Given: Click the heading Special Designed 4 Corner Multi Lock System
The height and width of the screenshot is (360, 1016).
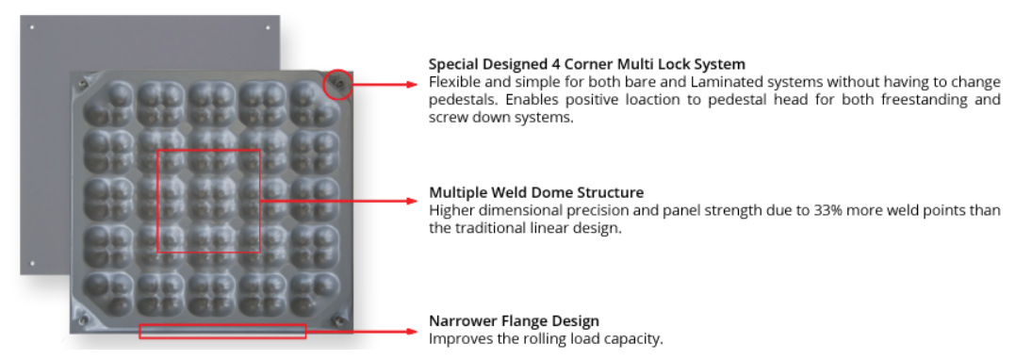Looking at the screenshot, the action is [x=586, y=65].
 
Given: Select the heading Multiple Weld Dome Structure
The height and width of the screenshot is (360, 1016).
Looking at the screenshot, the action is [x=535, y=193].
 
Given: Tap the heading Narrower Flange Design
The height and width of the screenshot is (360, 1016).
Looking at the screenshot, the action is [x=514, y=321].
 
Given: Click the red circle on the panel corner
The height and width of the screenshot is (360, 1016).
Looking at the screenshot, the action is [x=337, y=86].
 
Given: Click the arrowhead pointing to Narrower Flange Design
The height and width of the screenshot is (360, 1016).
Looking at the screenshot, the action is [x=411, y=331].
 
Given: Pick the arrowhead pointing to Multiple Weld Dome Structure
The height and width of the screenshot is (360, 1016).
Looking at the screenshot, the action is [x=411, y=201].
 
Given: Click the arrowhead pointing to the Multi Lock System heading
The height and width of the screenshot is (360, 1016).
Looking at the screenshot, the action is [x=411, y=84].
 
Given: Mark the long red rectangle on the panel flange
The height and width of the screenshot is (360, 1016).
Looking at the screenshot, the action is [x=222, y=331].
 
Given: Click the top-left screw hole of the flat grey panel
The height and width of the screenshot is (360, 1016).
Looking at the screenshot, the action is [x=32, y=27].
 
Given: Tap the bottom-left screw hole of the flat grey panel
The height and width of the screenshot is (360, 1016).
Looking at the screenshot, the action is [x=32, y=263].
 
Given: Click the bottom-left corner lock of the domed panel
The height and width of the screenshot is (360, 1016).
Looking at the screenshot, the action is [x=83, y=321].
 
